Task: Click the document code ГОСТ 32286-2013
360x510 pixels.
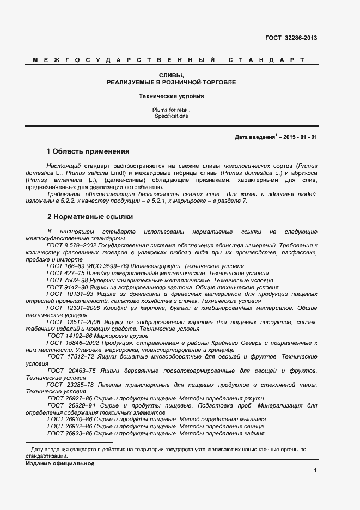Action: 291,38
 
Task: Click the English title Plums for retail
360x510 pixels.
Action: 171,110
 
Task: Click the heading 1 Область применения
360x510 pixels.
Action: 88,151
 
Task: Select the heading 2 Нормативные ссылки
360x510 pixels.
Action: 90,216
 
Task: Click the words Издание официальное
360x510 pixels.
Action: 60,463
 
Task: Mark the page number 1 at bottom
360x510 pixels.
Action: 315,470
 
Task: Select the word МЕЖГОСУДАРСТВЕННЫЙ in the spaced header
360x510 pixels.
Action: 123,59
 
